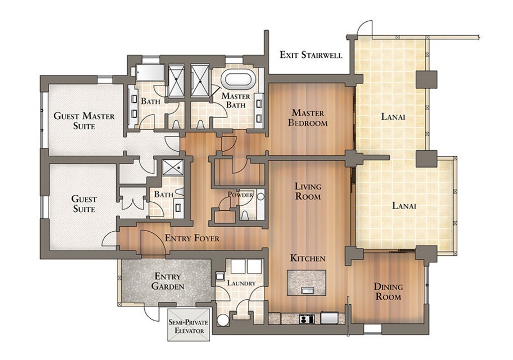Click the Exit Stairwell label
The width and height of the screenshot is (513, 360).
[311, 55]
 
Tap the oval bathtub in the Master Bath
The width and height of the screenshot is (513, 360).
[238, 79]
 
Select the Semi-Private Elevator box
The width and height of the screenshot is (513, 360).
[189, 325]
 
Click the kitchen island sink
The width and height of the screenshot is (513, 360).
[306, 290]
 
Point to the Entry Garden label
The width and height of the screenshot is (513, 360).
[167, 281]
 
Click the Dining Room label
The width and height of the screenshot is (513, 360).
[388, 292]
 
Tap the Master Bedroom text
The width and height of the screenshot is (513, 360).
[308, 118]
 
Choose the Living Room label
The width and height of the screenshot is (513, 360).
[308, 191]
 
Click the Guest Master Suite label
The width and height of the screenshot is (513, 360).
[84, 121]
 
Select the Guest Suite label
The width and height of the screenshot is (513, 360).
[84, 204]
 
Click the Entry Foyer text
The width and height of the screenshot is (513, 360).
[192, 238]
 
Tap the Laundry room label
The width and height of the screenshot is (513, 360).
[241, 283]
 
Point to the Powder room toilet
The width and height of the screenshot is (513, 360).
[244, 215]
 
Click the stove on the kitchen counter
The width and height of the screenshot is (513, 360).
[307, 318]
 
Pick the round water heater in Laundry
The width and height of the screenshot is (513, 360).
[223, 320]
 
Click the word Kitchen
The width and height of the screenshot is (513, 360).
[308, 258]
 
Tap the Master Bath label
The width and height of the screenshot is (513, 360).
[235, 101]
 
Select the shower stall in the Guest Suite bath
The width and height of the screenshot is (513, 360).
[173, 167]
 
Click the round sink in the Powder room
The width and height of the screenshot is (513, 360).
[261, 196]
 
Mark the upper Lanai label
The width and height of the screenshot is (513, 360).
[393, 117]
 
